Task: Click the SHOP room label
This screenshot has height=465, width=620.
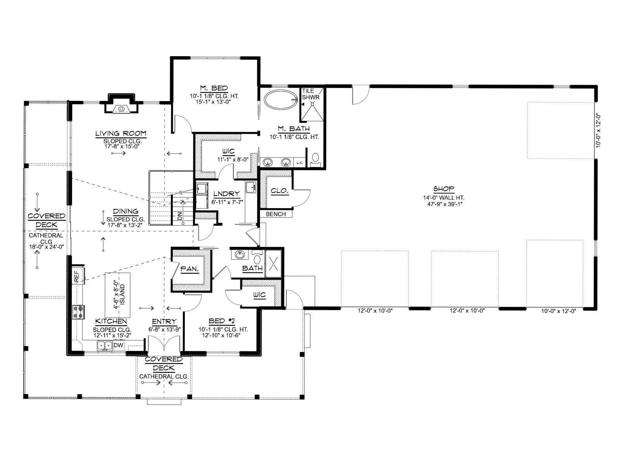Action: tap(443, 189)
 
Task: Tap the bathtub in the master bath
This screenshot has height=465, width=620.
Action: tap(281, 100)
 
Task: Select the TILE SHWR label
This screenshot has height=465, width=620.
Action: tap(311, 94)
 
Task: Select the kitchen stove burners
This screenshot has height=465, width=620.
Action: tap(79, 312)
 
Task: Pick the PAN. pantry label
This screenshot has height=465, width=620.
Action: tap(189, 269)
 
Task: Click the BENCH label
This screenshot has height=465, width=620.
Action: tap(276, 214)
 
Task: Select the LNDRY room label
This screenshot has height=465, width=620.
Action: tap(226, 194)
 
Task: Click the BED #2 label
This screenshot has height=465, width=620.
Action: tap(222, 321)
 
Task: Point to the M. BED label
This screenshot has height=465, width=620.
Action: tap(214, 88)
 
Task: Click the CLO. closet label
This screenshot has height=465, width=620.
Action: tap(280, 191)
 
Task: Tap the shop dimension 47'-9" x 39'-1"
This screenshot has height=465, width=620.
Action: tap(444, 204)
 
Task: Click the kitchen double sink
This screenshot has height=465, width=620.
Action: tap(105, 345)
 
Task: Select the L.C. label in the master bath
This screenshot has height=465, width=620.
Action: tap(300, 163)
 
